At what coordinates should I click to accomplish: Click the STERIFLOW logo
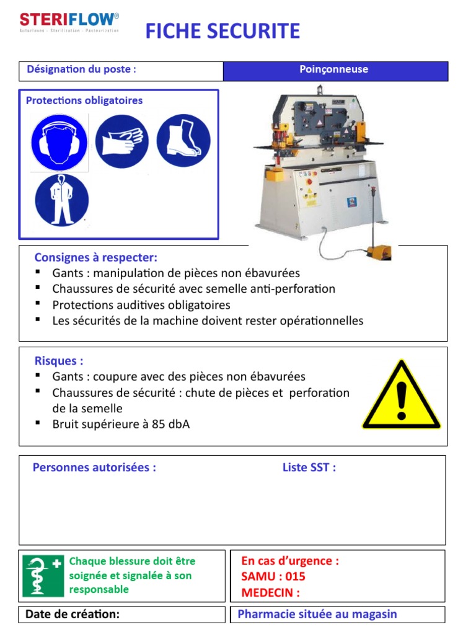69,22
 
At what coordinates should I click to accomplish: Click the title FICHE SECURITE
223,30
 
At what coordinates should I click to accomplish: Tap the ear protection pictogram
59,143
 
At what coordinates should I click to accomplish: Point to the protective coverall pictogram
62,200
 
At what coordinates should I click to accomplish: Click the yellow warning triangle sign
401,397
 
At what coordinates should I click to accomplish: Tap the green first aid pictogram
43,575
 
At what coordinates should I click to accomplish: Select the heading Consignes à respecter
96,257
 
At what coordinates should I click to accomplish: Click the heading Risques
59,361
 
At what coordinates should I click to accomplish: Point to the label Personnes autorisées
94,468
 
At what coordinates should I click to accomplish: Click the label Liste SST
309,468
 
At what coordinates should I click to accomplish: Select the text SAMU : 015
273,577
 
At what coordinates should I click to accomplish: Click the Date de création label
73,615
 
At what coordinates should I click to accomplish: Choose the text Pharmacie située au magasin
317,615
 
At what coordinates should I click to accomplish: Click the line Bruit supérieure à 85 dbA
121,425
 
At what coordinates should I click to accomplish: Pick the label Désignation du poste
81,69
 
